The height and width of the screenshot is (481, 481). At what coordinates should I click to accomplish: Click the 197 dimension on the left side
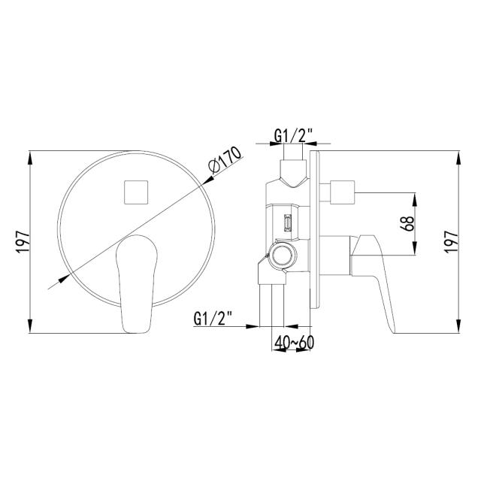(23, 242)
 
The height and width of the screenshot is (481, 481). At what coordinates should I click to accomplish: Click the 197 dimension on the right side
(452, 242)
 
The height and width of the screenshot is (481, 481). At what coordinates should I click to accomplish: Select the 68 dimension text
(407, 224)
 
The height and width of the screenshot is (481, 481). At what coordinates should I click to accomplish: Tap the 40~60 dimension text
(294, 343)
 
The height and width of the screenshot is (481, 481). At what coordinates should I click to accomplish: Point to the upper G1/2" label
(293, 135)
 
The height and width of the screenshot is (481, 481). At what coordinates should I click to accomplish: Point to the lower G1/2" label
(213, 318)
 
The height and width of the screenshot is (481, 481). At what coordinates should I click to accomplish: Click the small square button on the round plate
(136, 192)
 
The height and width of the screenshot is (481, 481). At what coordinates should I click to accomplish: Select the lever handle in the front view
(137, 284)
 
